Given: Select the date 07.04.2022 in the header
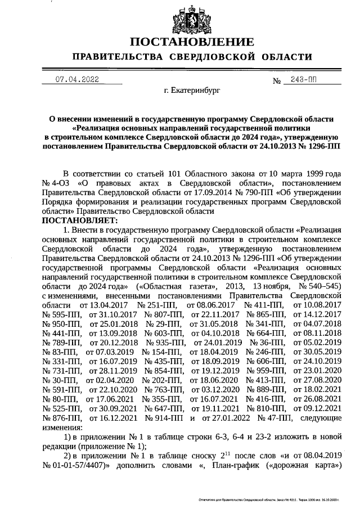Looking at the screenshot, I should coord(77,80).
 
